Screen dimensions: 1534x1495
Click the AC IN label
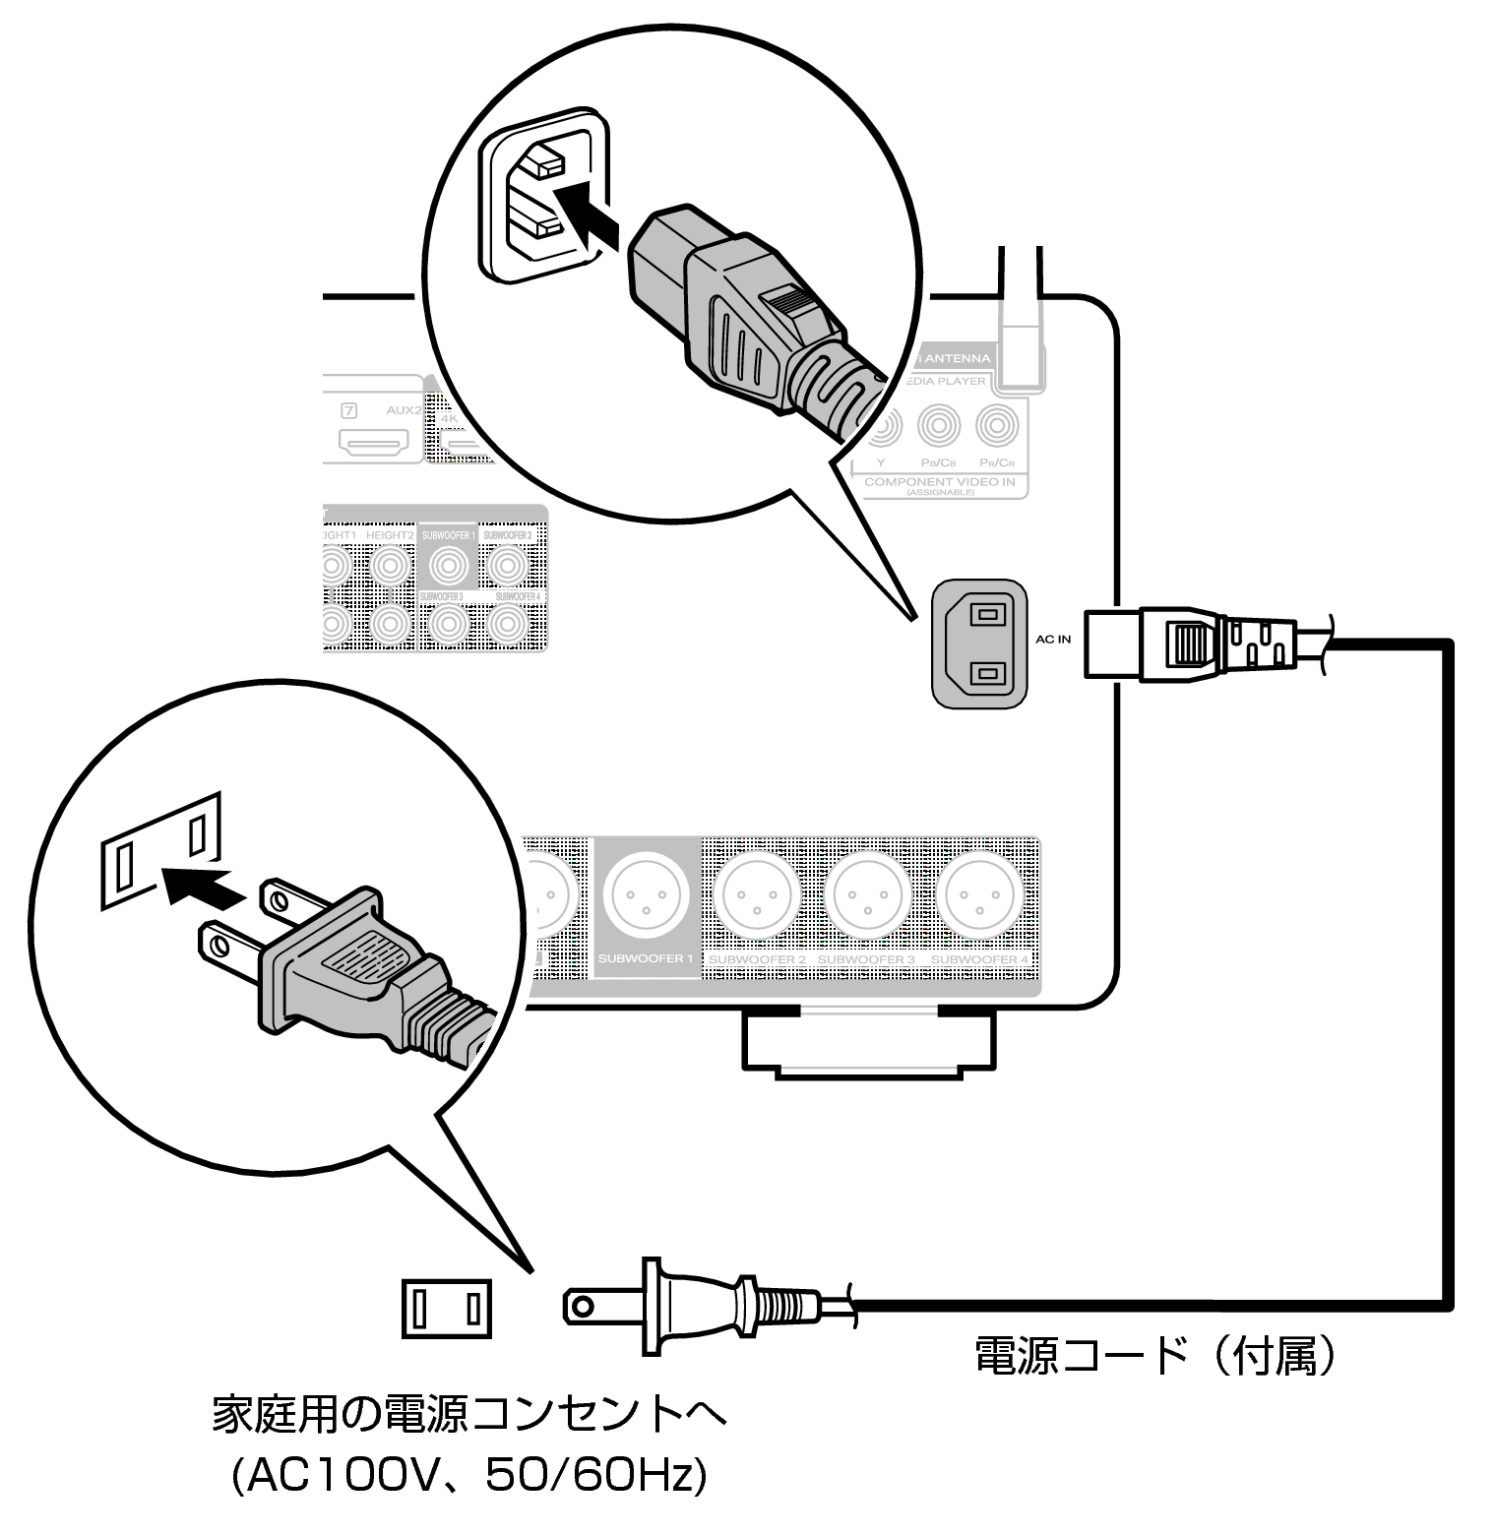(1052, 640)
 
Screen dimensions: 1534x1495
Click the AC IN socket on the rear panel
(980, 644)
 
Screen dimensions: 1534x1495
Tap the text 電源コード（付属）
(1155, 1356)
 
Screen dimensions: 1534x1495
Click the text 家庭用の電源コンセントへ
(469, 1415)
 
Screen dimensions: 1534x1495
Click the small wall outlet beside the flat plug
(446, 1308)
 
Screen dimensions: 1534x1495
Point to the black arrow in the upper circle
(587, 215)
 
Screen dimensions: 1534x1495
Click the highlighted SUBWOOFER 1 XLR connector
(647, 896)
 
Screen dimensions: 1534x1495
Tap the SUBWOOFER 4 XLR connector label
(979, 959)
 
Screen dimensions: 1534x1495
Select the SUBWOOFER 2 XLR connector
(757, 896)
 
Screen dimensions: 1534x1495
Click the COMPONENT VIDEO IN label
(939, 482)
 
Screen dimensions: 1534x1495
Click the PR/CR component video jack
(997, 427)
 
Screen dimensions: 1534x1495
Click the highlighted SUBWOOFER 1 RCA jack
(448, 566)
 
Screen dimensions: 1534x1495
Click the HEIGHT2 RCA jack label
(389, 534)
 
